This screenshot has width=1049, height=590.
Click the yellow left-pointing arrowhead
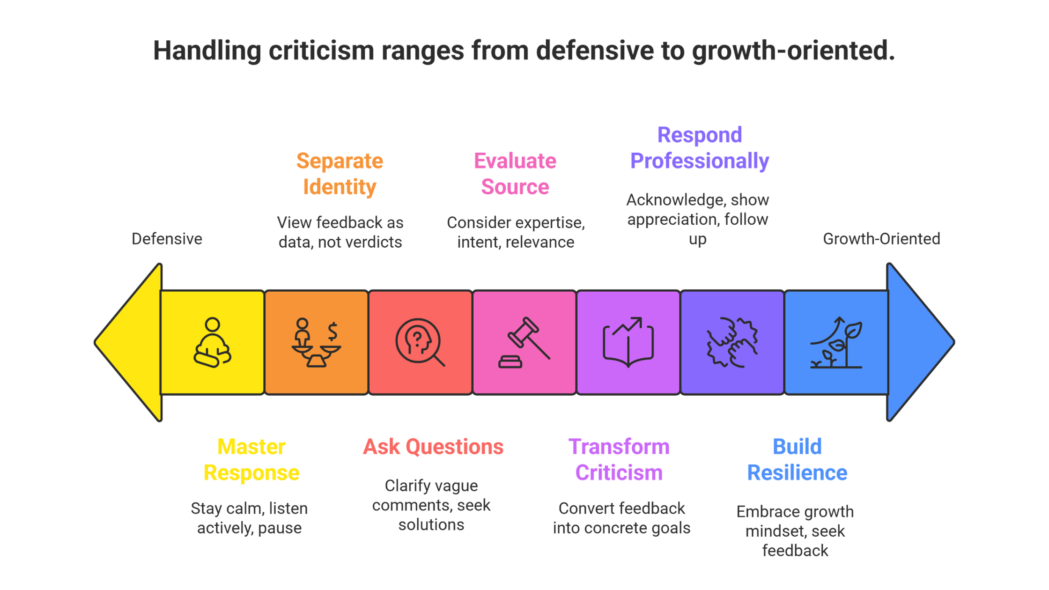coord(133,342)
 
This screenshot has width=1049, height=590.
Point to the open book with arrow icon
coord(628,342)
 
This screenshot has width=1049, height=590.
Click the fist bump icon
coord(732,342)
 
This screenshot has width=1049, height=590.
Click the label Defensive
coord(167,239)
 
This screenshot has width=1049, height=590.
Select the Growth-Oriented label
coord(880,239)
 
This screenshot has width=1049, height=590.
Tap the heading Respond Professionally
coord(699,148)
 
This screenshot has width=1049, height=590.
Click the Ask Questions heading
coord(433,447)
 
